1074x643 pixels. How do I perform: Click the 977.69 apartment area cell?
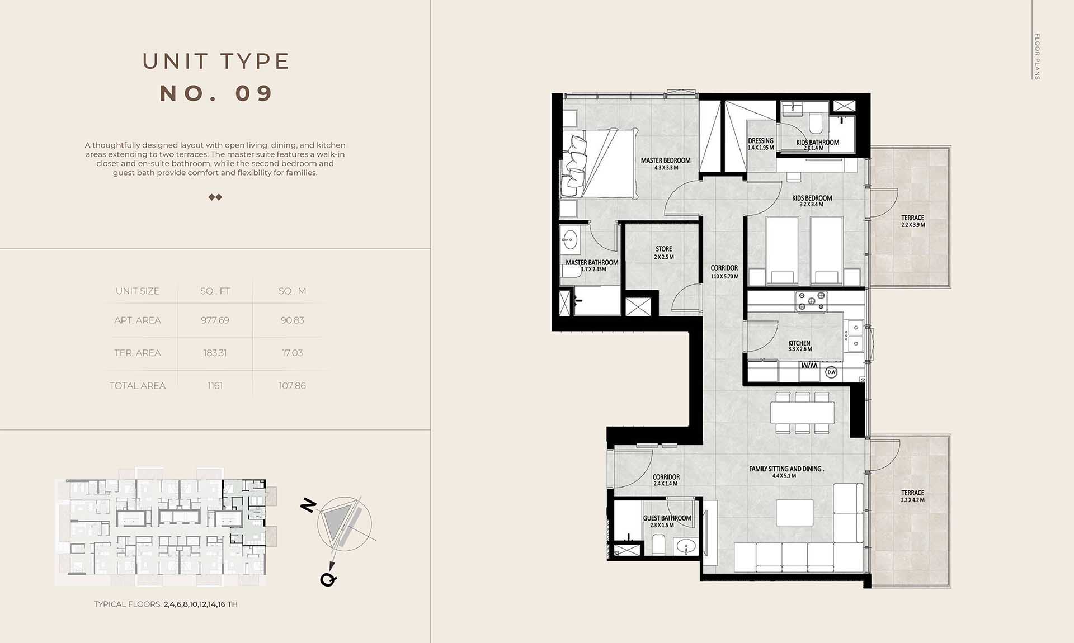[215, 320]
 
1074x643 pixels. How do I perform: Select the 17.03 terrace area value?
[292, 353]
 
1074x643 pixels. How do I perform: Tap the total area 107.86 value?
[292, 386]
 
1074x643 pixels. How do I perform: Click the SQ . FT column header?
[215, 291]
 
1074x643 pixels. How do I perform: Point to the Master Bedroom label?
[666, 160]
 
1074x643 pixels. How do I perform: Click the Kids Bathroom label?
[817, 143]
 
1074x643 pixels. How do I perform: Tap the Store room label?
[664, 249]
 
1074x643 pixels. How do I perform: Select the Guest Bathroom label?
[667, 518]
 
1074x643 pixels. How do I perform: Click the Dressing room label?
[761, 141]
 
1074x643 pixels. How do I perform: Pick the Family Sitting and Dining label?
[786, 469]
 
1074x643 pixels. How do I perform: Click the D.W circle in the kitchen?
[831, 372]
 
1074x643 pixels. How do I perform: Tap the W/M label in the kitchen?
[809, 366]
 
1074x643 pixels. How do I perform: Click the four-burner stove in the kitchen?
[812, 301]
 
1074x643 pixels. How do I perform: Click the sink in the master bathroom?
[569, 240]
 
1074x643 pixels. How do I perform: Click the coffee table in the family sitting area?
[795, 513]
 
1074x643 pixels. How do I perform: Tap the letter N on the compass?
[308, 505]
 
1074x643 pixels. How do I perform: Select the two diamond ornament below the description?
[215, 197]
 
